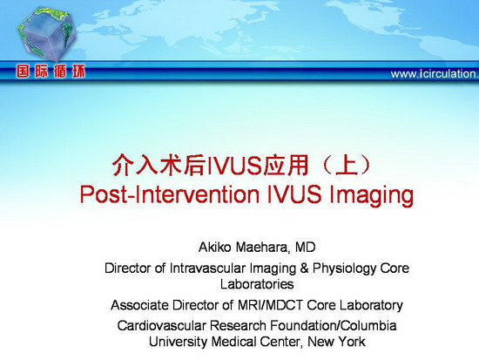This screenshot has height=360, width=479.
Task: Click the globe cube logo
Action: coord(46,34)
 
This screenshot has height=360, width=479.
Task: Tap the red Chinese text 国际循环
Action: coord(51,71)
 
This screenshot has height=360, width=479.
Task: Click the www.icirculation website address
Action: coord(435,74)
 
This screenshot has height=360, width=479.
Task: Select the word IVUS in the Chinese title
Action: coord(235,166)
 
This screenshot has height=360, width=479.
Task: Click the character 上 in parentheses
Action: coord(346,166)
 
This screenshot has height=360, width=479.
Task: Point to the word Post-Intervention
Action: coord(169,194)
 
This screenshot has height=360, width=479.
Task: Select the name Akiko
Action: coord(214,248)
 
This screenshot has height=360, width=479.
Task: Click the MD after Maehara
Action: coord(305,248)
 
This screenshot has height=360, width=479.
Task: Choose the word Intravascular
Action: coord(208,268)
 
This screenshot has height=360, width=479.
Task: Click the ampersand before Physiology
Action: coord(304,268)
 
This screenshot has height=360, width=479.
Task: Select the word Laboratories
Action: coord(257,284)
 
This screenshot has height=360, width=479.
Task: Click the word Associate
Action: coord(139,305)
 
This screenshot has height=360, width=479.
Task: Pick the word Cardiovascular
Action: coord(161,325)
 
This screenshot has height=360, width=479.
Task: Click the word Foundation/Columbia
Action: coord(334,325)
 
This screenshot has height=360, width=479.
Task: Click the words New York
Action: coord(336,342)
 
